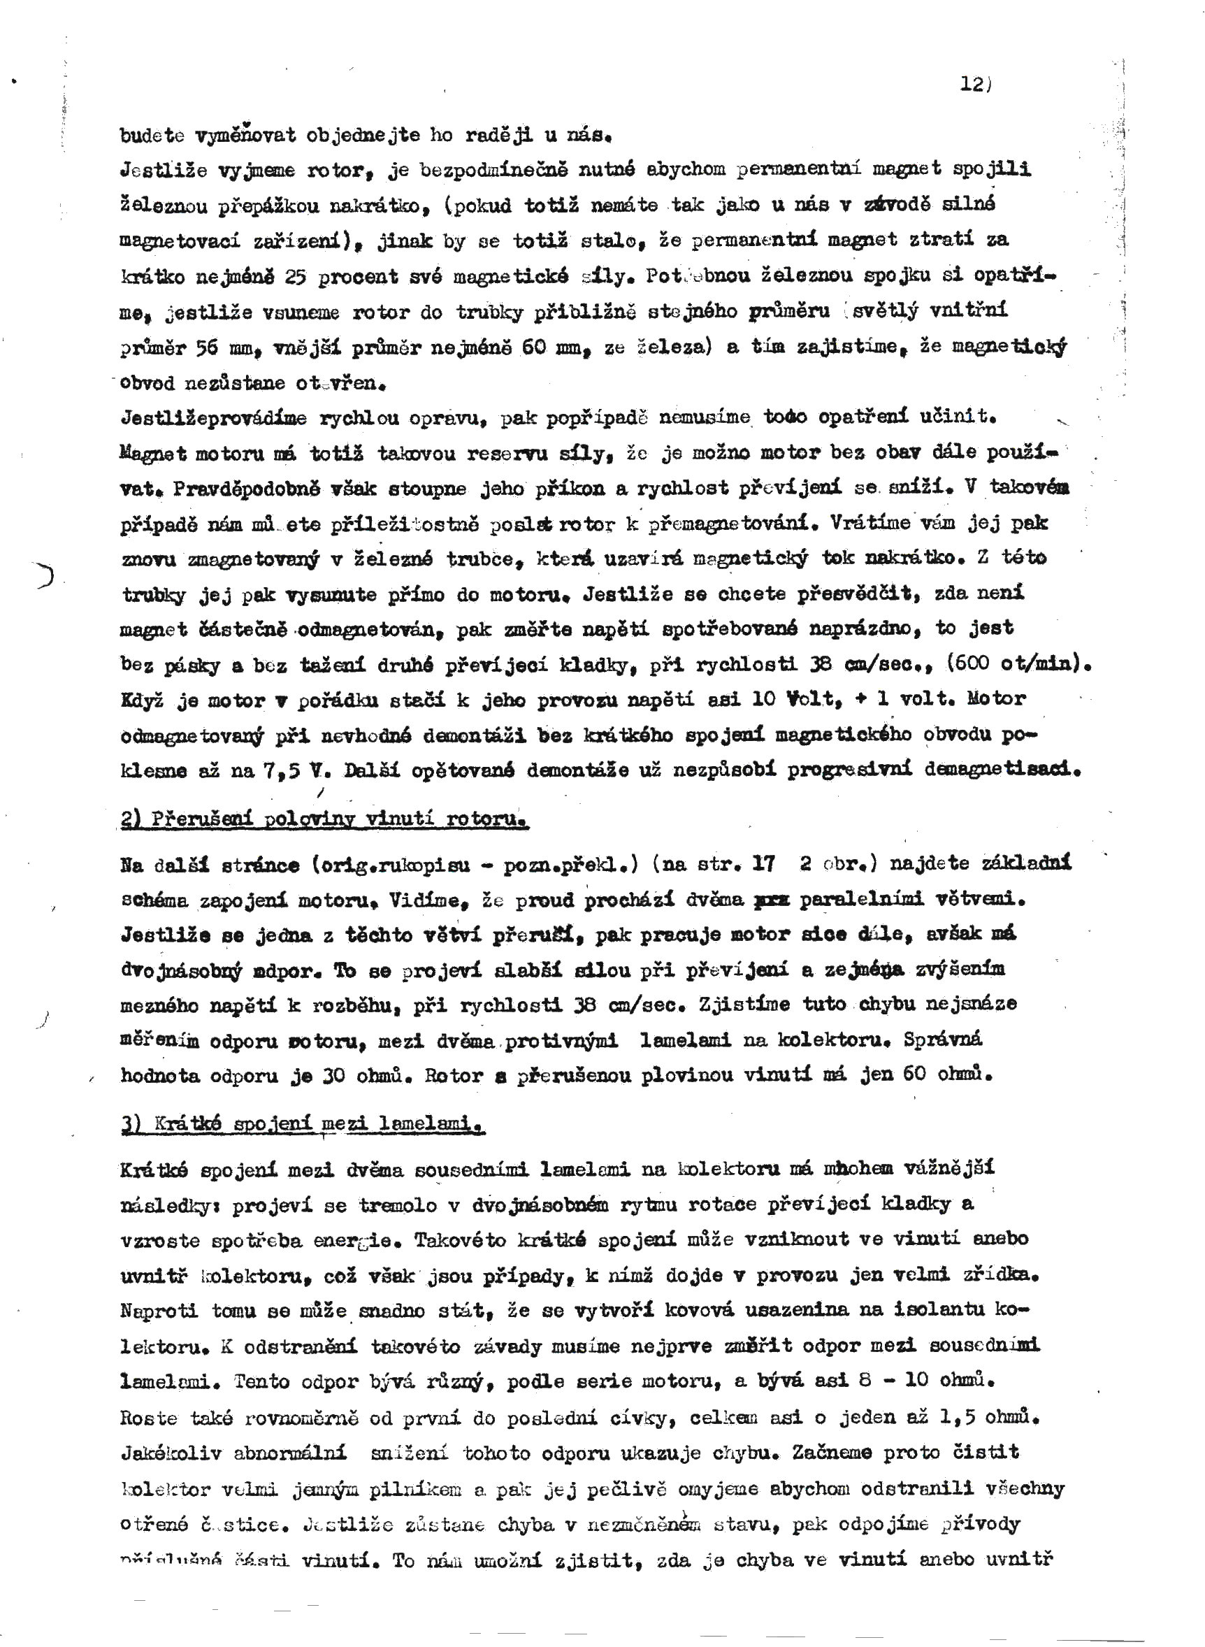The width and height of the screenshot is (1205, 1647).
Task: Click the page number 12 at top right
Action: point(972,84)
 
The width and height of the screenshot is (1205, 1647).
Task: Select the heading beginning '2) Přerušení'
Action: point(324,820)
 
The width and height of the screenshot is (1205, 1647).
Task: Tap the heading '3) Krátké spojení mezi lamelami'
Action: point(303,1124)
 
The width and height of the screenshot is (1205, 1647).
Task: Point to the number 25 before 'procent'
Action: point(296,277)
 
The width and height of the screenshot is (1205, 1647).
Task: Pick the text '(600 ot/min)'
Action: point(1018,663)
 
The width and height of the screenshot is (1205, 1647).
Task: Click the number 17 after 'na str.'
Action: point(763,864)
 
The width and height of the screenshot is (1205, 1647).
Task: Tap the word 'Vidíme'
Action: point(438,900)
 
